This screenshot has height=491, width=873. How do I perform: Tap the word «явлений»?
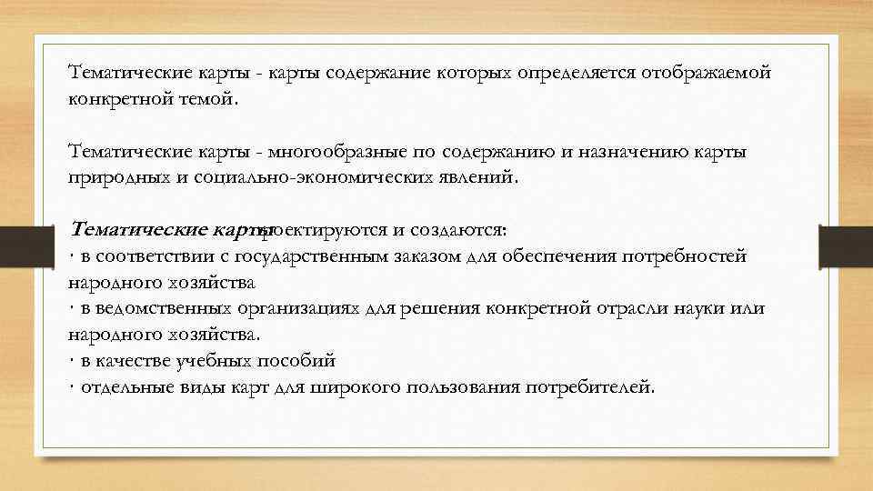[478, 176]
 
